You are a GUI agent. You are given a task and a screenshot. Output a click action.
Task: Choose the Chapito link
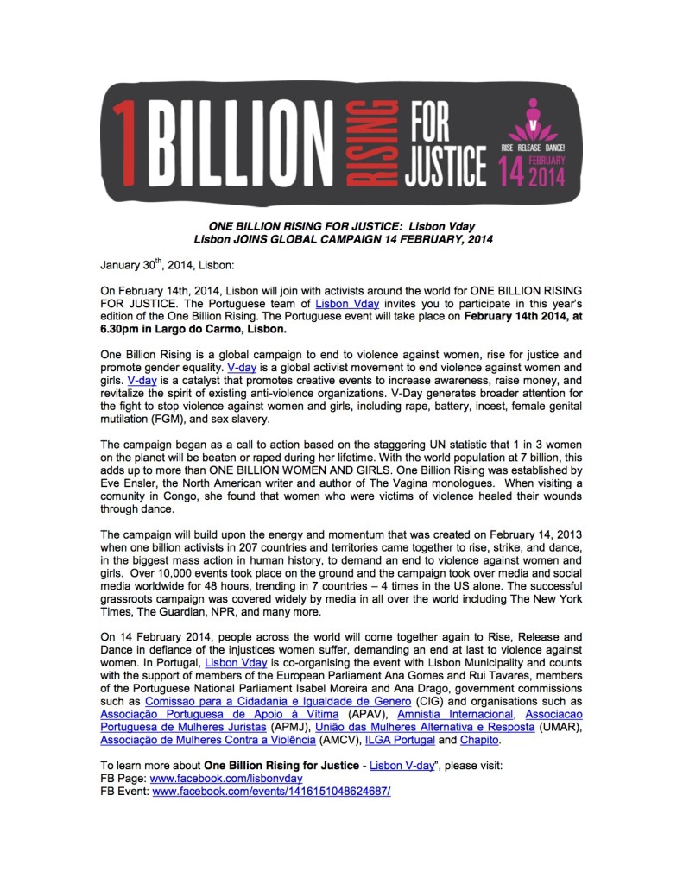pos(476,740)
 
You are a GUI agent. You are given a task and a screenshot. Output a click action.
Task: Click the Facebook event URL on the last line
pos(271,791)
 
